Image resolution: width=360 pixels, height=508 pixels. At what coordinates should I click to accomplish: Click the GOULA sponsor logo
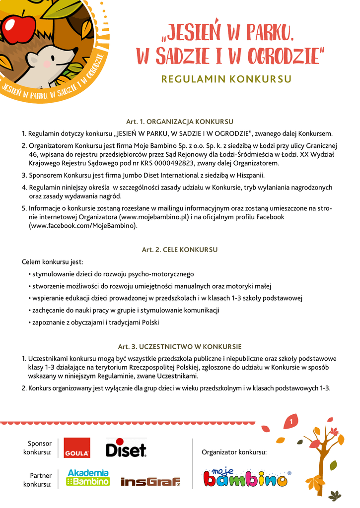tap(77, 447)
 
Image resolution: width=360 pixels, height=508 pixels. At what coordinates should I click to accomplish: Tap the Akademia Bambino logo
tap(88, 478)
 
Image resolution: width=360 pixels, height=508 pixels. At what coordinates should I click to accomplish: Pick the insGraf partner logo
tap(150, 481)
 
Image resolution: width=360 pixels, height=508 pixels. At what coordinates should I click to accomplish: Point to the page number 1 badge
tap(290, 422)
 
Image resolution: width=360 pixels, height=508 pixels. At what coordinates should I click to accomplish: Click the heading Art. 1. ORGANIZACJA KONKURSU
tap(180, 122)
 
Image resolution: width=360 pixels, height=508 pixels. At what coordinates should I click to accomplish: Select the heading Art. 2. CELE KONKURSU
tap(180, 250)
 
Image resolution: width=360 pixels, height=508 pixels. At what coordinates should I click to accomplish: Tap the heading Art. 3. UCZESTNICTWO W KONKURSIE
tap(180, 346)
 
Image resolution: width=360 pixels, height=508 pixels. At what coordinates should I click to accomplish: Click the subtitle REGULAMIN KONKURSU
tap(226, 79)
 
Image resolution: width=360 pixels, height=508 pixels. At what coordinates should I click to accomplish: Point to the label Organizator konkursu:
tap(234, 452)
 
